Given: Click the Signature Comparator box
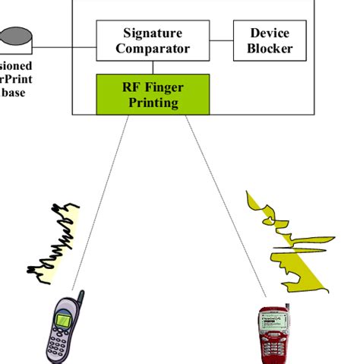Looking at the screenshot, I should click(x=153, y=41).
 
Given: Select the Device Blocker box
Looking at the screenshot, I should click(x=269, y=41).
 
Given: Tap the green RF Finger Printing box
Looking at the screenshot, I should click(x=153, y=93).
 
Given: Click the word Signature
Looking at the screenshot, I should click(x=153, y=33).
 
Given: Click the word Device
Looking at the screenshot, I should click(x=269, y=33).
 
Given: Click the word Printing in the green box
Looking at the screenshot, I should click(x=153, y=102).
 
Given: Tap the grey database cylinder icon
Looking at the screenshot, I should click(x=15, y=36).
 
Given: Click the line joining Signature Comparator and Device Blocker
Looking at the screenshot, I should click(x=219, y=40).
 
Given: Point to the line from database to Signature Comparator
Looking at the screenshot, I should click(x=65, y=47).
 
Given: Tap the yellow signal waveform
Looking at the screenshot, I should click(x=292, y=243).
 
